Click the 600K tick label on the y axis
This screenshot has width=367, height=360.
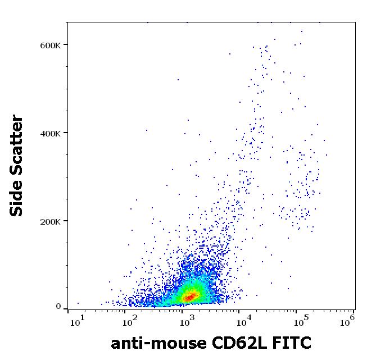tap(50, 45)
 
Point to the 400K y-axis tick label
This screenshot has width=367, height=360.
tap(50, 133)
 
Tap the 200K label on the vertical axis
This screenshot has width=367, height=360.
tap(50, 221)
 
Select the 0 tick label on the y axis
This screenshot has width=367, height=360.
tap(58, 307)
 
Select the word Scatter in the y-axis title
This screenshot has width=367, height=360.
tap(17, 147)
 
